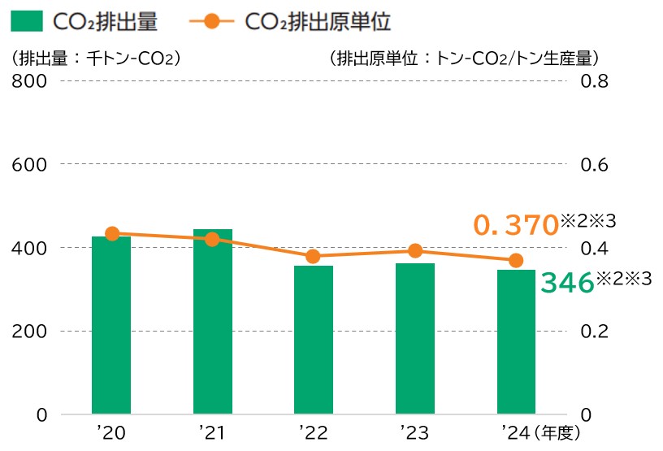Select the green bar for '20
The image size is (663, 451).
pos(111,325)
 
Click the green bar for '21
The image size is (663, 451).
pos(213,322)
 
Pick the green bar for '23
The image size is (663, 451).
pos(415,339)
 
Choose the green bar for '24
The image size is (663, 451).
pos(516,342)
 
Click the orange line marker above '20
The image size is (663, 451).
pos(112,234)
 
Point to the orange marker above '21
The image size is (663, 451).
pos(213,239)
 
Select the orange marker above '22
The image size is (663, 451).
pos(314,257)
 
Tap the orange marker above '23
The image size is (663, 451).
pos(415,250)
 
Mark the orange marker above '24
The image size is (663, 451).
pos(516,260)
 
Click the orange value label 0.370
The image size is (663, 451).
pos(515,226)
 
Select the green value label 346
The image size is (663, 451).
pos(567,283)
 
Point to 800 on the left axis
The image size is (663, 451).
pos(30,81)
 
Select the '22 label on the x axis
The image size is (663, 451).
pos(313,433)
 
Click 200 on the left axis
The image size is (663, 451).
pos(30,332)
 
